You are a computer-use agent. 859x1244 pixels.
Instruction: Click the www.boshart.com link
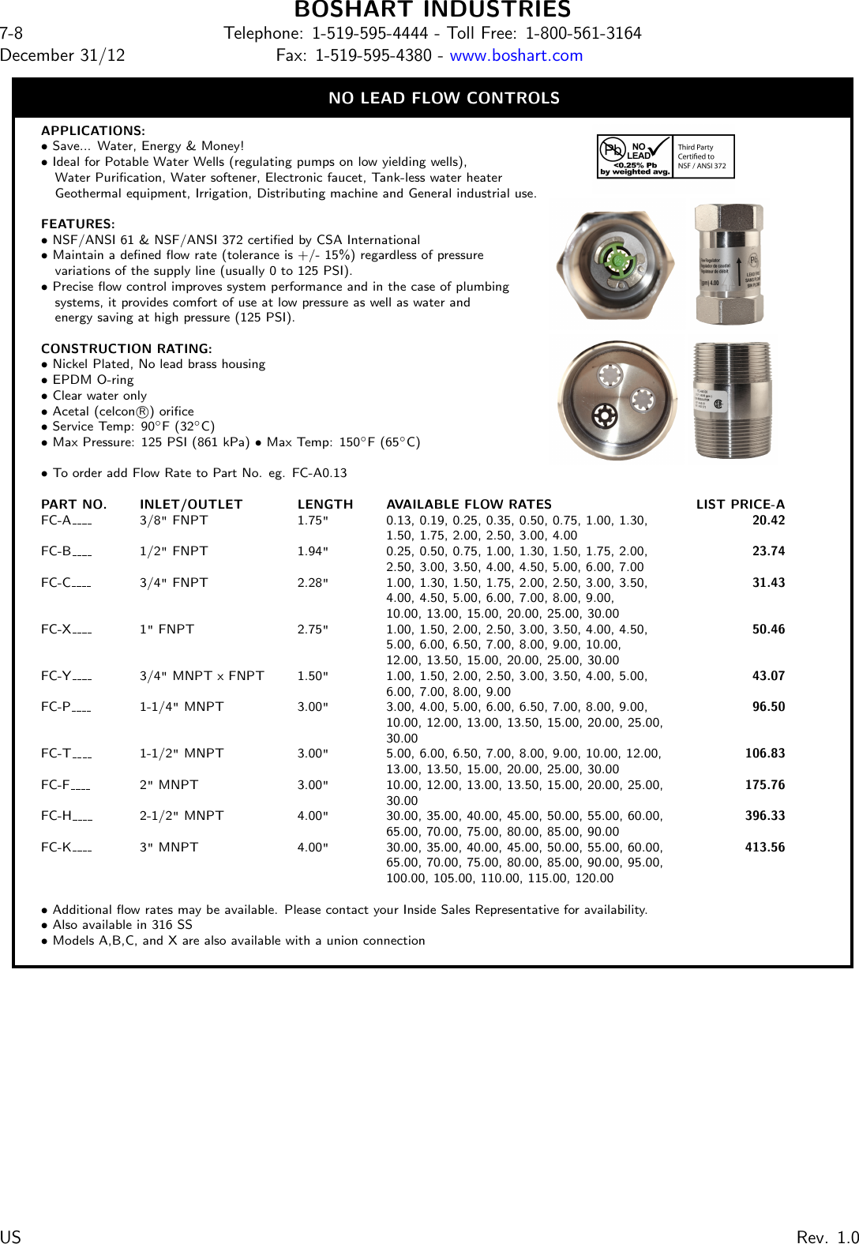click(x=516, y=55)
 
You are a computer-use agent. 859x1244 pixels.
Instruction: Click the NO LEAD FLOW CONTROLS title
click(x=444, y=98)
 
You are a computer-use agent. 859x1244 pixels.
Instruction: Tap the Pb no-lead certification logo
click(x=635, y=156)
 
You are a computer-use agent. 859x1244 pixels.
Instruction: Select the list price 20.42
click(x=768, y=520)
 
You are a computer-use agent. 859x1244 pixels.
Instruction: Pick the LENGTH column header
click(x=324, y=504)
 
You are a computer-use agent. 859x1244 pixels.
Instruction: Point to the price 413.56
click(x=764, y=847)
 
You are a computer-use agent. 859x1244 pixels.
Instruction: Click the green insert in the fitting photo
click(x=616, y=260)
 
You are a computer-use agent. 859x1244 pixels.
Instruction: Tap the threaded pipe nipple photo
click(x=732, y=400)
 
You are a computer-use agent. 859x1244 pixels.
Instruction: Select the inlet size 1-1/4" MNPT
click(x=182, y=707)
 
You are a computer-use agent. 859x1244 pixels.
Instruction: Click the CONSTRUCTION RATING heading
click(x=126, y=348)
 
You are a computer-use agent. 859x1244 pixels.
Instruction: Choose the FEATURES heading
click(x=77, y=224)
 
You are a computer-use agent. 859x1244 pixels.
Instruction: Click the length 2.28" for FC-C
click(x=313, y=583)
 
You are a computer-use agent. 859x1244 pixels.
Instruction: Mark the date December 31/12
click(x=62, y=55)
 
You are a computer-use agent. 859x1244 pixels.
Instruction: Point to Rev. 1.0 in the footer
click(x=827, y=1237)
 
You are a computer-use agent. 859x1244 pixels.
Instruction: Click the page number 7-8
click(x=11, y=33)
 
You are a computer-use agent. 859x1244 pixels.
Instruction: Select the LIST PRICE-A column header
click(x=740, y=504)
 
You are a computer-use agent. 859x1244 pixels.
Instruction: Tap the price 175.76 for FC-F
click(x=764, y=785)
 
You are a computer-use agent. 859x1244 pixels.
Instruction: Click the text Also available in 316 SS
click(x=122, y=925)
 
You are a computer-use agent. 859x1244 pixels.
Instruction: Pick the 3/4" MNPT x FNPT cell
click(x=201, y=676)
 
